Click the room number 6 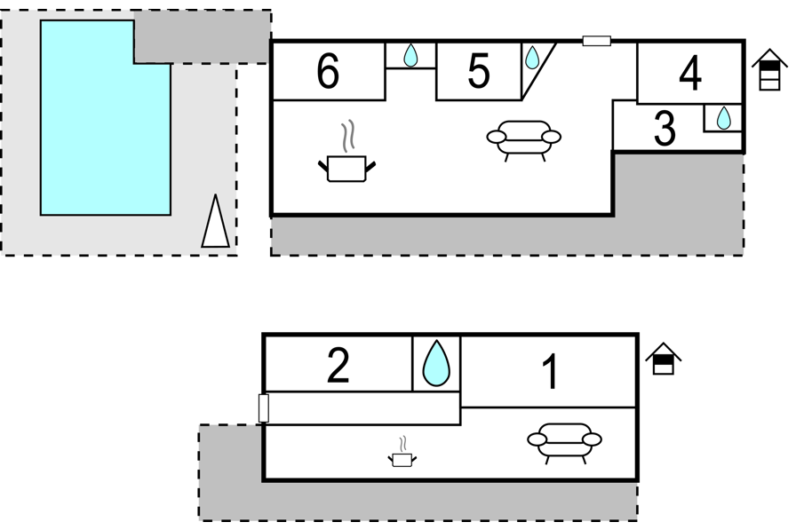pos(328,71)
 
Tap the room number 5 pos(479,70)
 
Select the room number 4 pos(690,74)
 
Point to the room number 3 pos(665,128)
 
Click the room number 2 pos(338,365)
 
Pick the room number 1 pos(550,372)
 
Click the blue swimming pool pos(106,118)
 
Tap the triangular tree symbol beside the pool pos(215,221)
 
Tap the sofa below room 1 pos(564,443)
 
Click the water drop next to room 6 pos(410,55)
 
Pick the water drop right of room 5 pos(532,58)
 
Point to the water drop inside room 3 pos(723,118)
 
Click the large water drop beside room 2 pos(436,363)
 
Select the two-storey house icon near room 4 pos(769,69)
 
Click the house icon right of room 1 pos(664,359)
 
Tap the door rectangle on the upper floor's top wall pos(596,41)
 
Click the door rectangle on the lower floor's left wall pos(264,407)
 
